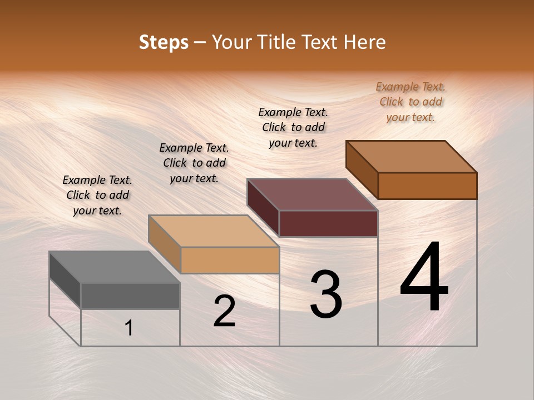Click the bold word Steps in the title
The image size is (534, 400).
164,42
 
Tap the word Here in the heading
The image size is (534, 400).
364,42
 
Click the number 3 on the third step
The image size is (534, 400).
326,294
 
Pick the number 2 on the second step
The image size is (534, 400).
224,311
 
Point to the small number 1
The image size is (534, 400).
129,328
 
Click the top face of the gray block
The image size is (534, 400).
114,267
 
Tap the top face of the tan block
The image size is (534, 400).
214,231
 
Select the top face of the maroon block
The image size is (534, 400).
313,194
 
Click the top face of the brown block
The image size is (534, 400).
412,157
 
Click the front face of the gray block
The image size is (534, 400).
130,296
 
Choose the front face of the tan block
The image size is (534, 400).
230,260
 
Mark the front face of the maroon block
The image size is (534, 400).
328,223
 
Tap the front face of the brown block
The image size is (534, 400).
427,186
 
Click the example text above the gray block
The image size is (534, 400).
97,195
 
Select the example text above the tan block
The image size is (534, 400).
194,163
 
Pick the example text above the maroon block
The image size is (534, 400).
293,127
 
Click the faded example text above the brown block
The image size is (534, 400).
411,102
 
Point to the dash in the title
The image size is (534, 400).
200,43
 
